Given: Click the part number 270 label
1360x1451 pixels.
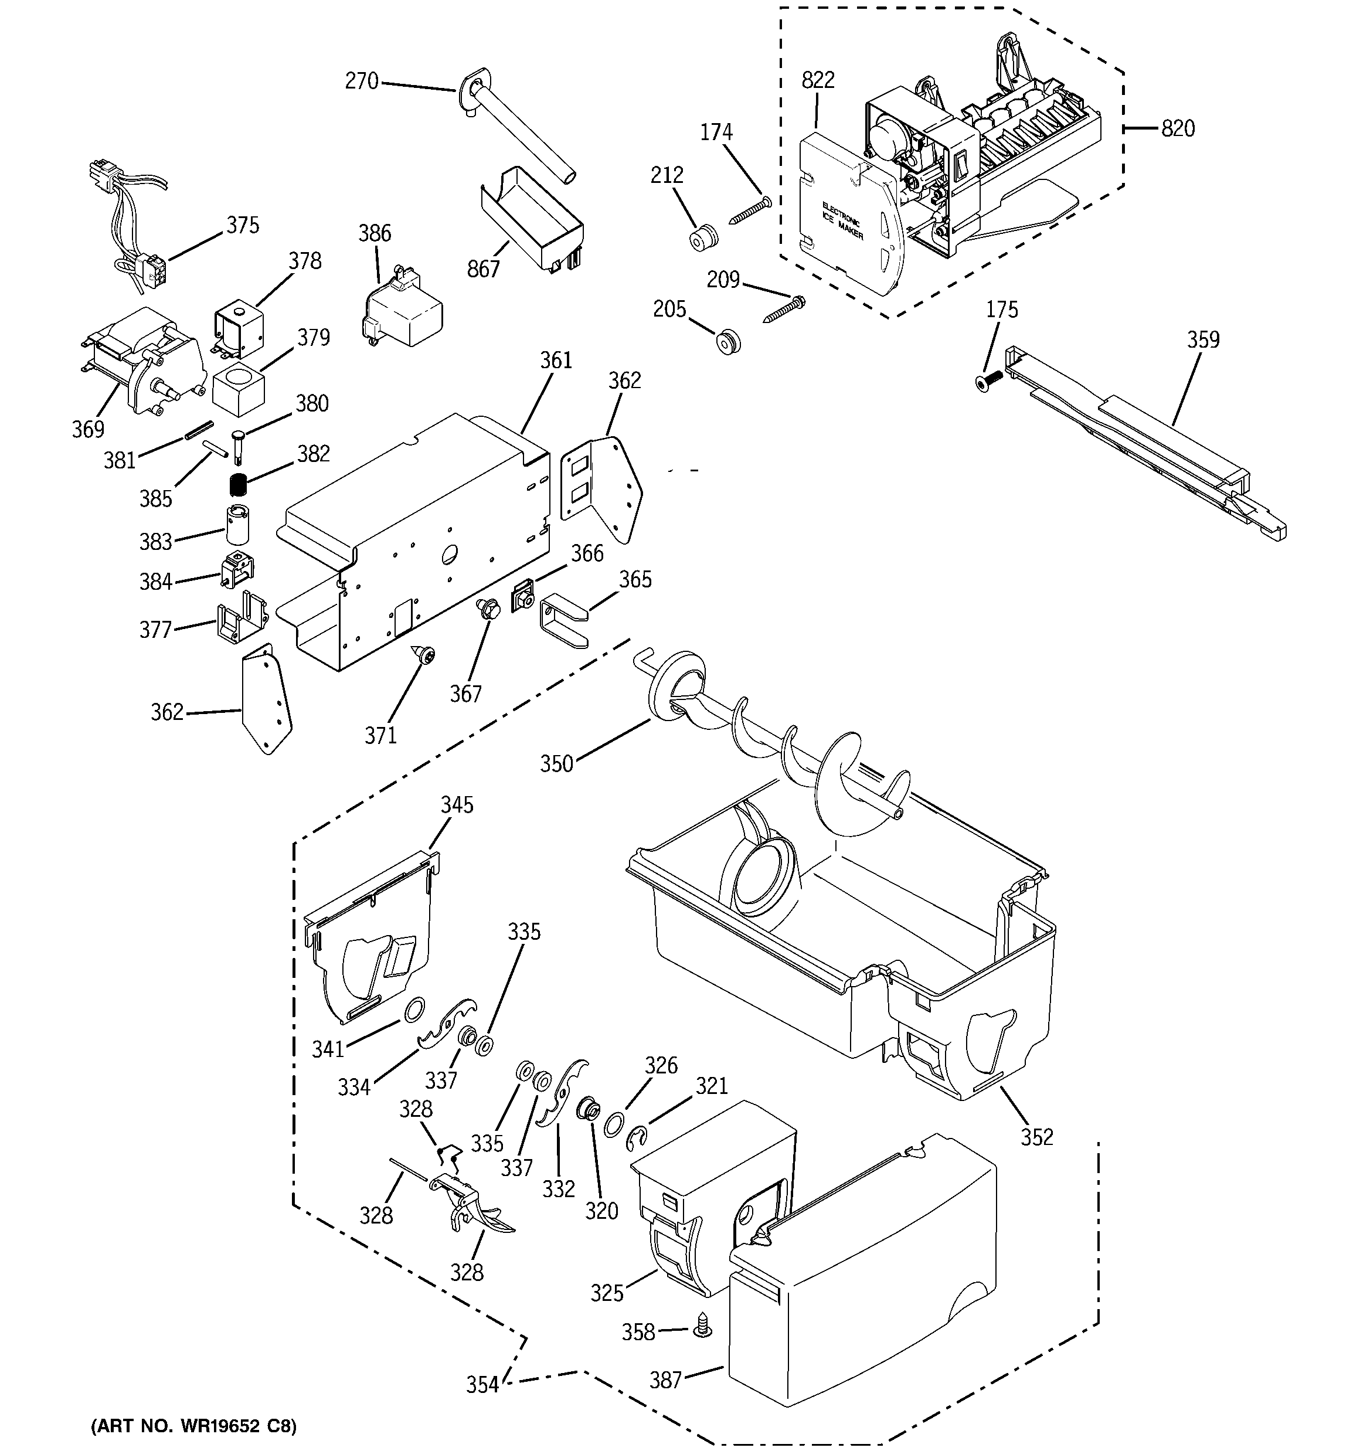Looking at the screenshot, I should [361, 81].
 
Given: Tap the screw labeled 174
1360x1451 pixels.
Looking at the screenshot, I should [750, 209].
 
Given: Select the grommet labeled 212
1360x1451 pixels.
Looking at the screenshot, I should [703, 238].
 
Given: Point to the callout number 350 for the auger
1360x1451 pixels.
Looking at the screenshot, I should [556, 763].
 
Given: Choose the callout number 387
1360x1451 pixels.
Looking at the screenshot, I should [666, 1379].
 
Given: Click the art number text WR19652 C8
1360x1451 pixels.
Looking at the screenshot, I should [193, 1426].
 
